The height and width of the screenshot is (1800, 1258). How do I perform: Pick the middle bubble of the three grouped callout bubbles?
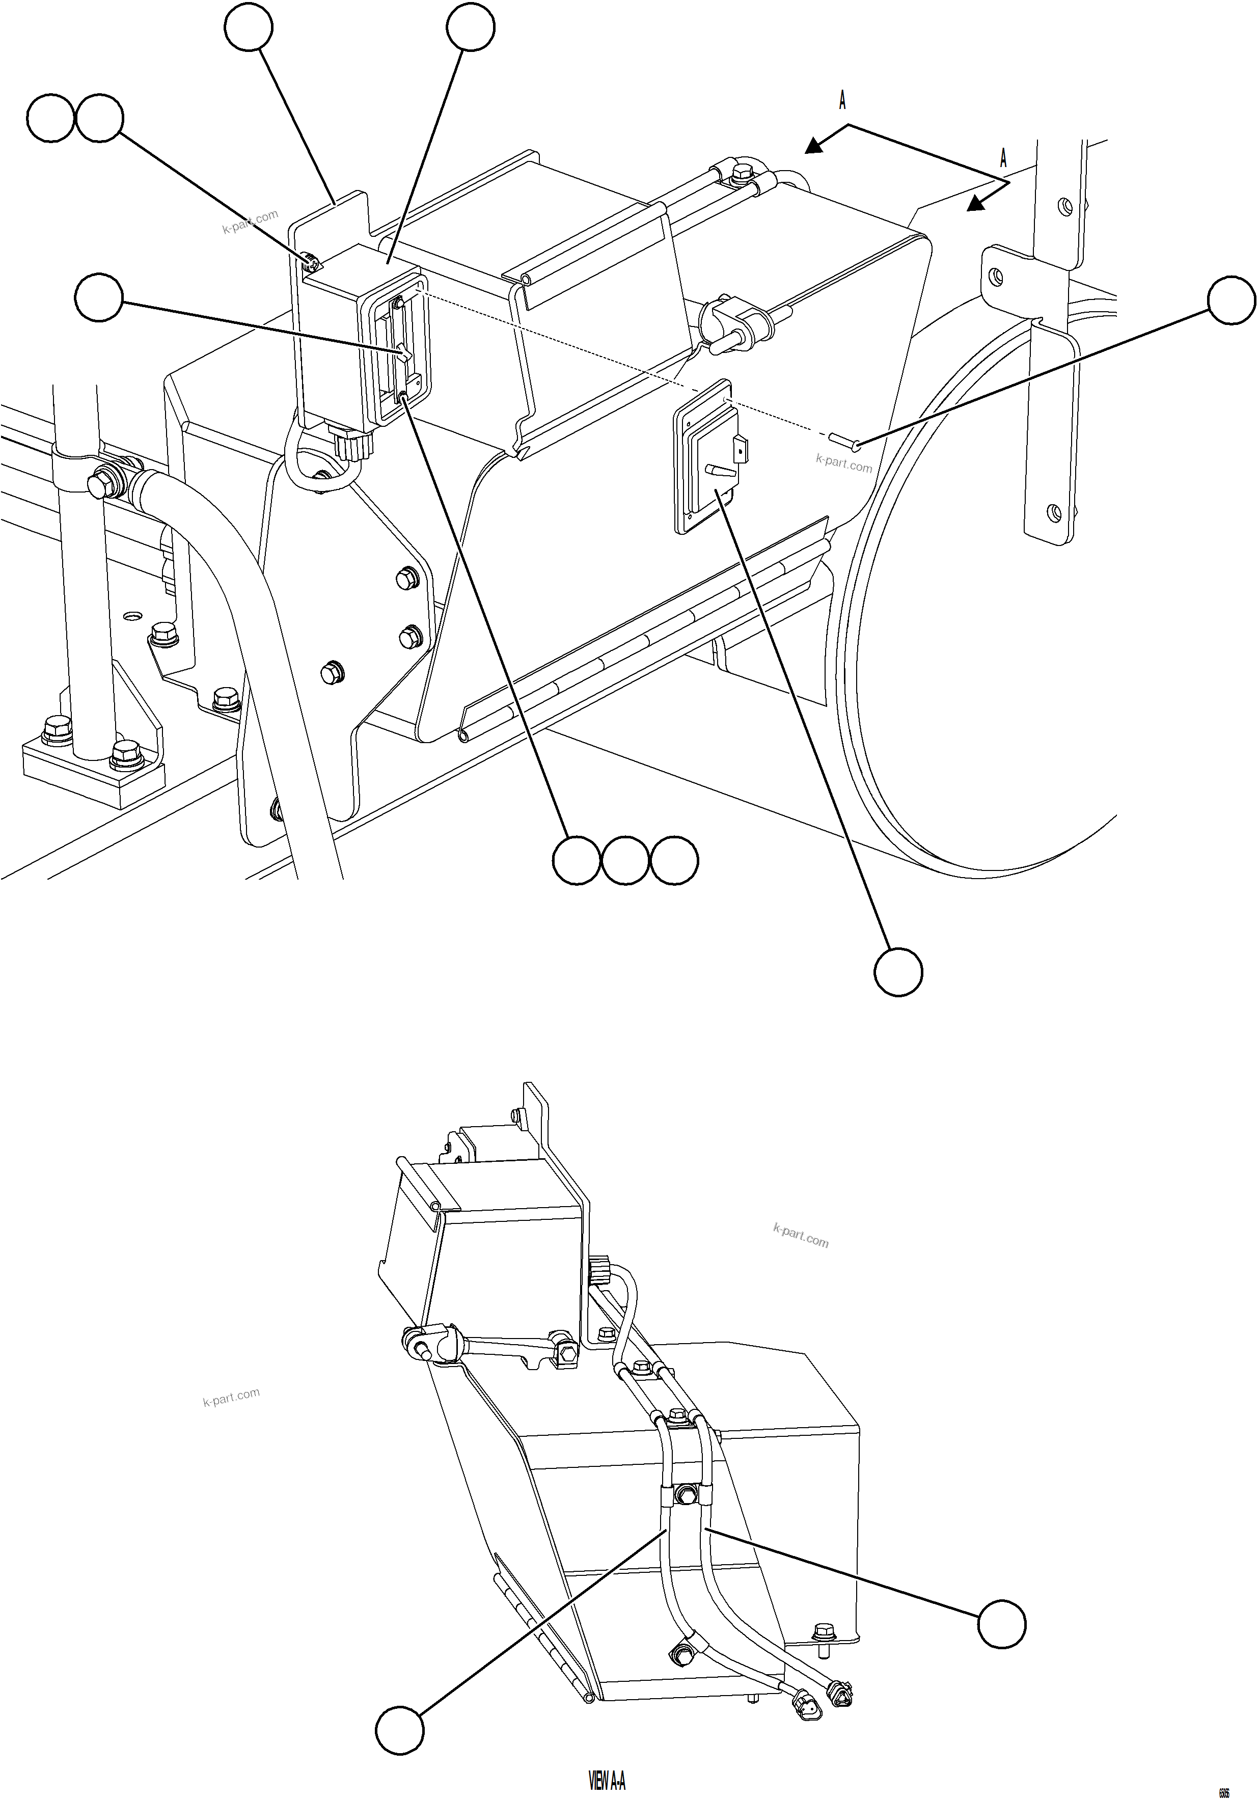625,861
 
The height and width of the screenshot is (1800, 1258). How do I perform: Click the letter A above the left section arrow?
842,99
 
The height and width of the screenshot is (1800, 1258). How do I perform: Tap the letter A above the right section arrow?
1003,158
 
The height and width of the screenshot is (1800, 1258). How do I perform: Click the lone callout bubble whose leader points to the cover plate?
898,972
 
